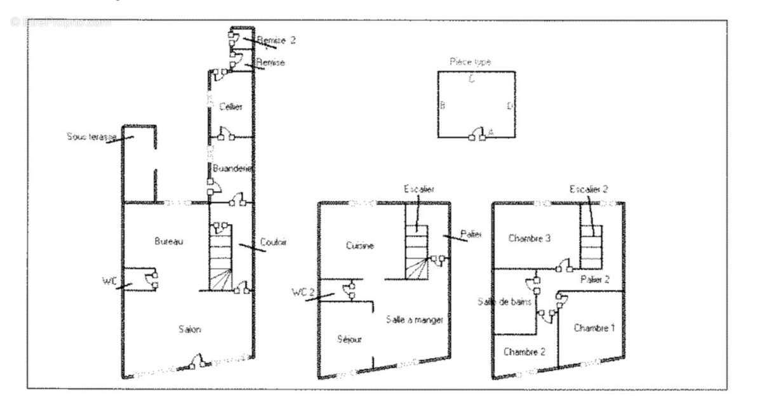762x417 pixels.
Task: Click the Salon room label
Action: tap(190, 329)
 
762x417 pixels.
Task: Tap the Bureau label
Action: tap(169, 241)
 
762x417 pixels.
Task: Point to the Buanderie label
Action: tap(232, 169)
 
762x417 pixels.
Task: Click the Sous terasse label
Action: tap(86, 136)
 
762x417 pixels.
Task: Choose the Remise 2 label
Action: tap(276, 40)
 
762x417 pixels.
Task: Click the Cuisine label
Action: tap(360, 246)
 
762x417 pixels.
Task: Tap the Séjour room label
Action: tap(349, 340)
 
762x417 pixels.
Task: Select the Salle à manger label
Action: tap(415, 320)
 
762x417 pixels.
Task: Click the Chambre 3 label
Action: tap(529, 239)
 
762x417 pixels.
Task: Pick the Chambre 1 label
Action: tap(594, 328)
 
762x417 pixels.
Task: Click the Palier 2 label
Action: tap(594, 279)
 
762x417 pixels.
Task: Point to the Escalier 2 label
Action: tap(589, 189)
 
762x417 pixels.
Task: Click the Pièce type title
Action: tap(470, 62)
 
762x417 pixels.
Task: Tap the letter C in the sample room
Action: tap(471, 79)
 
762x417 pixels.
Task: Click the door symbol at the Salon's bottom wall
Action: tap(197, 363)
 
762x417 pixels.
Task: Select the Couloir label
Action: tap(274, 242)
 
